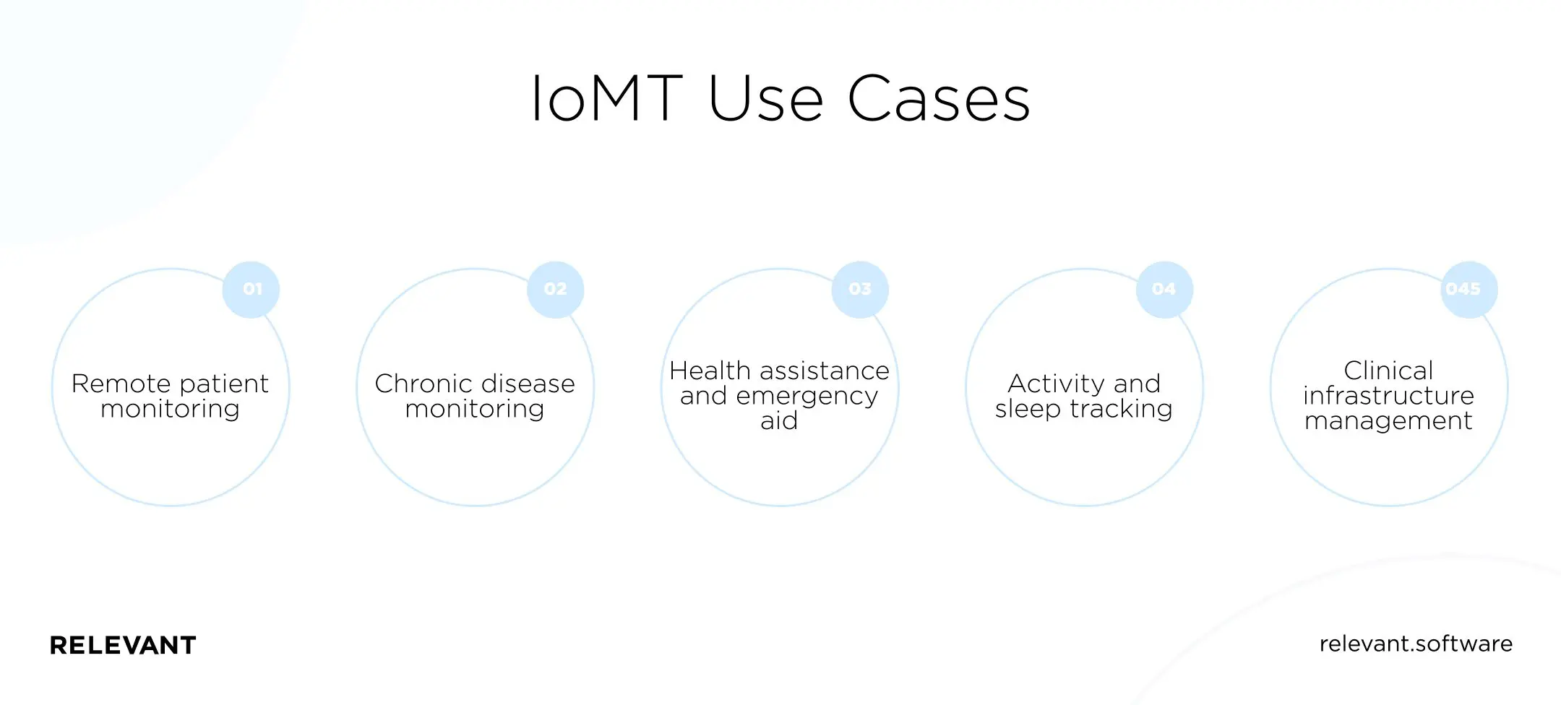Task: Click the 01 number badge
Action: coord(251,290)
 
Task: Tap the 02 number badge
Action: coord(555,290)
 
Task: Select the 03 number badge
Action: coord(860,290)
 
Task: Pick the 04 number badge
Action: coord(1164,290)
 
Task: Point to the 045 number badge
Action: coord(1468,290)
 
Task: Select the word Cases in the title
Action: coord(938,98)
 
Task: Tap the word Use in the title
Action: coord(765,98)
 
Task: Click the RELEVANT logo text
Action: coord(123,645)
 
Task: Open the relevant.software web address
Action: coord(1416,644)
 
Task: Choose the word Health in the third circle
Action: coord(710,371)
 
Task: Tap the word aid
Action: coord(779,421)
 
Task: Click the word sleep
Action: coord(1027,409)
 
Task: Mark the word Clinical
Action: coord(1388,371)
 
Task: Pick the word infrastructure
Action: coord(1388,396)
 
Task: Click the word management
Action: coord(1388,421)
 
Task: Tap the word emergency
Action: coord(807,397)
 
